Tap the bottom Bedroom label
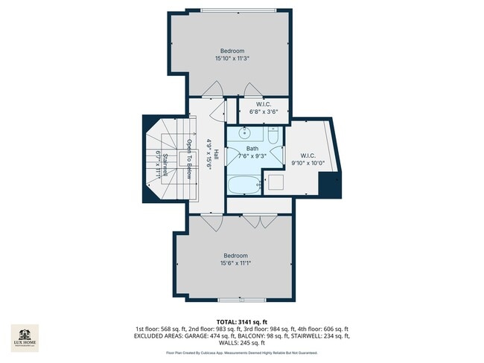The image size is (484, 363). tap(235, 255)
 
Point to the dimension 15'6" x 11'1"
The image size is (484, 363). tap(235, 263)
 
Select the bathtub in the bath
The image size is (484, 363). tap(243, 185)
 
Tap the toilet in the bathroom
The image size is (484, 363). tap(273, 136)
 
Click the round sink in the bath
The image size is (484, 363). tap(246, 134)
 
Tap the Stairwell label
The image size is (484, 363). tap(165, 162)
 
